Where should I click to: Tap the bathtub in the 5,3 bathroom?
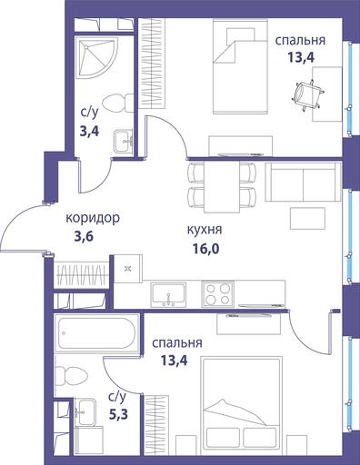pos(96,333)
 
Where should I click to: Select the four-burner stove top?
pos(218,293)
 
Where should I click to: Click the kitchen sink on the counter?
pos(168,293)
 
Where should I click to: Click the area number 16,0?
pos(205,249)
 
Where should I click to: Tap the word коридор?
pos(93,218)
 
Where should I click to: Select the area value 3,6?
pos(84,237)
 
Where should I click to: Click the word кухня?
pos(205,230)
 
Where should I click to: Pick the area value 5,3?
pos(118,414)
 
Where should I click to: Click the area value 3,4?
pos(89,132)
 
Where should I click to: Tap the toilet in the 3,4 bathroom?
pos(117,104)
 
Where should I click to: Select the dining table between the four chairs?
pos(222,187)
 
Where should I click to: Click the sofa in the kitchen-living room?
pos(303,182)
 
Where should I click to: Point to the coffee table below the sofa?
pos(307,218)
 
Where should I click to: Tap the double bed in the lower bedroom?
pos(241,403)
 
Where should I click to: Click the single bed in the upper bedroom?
pos(240,66)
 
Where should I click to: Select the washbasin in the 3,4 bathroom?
pos(123,142)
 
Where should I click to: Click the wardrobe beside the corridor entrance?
pos(81,274)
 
